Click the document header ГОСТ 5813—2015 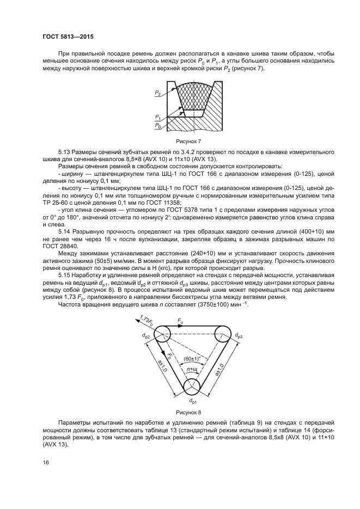[65, 36]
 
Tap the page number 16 [45, 463]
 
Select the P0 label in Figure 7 [157, 126]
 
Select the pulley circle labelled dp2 [161, 334]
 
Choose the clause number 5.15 [64, 277]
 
